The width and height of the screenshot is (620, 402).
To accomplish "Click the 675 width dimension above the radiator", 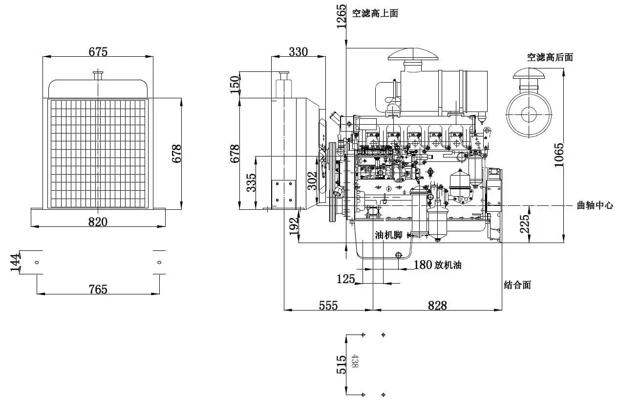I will [x=98, y=51].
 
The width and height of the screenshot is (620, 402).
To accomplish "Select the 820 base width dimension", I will [x=98, y=221].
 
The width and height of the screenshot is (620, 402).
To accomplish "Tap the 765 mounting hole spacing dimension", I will [x=98, y=289].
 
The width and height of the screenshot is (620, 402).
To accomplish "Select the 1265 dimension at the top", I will [x=342, y=17].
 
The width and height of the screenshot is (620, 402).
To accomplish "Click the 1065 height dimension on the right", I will [x=559, y=155].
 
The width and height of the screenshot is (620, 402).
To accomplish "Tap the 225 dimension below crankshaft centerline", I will [x=525, y=224].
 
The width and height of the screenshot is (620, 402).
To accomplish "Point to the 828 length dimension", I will [x=437, y=305].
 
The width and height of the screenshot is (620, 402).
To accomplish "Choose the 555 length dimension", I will [x=328, y=305].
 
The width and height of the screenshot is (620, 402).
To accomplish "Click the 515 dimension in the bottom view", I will [x=342, y=364].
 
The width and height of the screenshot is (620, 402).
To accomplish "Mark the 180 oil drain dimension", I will [x=423, y=265].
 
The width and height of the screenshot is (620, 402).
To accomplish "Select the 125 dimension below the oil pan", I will [x=346, y=279].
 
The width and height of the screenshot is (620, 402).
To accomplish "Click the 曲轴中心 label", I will [x=595, y=206].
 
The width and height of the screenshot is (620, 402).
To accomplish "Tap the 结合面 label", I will [x=517, y=285].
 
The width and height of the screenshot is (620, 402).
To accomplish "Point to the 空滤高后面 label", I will [x=550, y=57].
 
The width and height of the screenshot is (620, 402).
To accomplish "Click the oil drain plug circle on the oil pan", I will [x=399, y=255].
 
